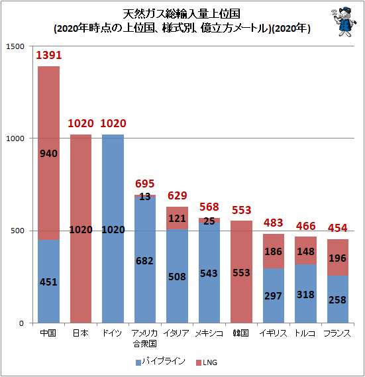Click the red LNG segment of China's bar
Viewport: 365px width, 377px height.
click(x=48, y=153)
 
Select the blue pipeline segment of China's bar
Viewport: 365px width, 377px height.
click(x=48, y=282)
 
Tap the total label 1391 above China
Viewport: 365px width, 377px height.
click(x=49, y=55)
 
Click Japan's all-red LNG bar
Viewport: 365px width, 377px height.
click(x=81, y=229)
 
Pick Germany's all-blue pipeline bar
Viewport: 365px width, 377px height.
click(x=113, y=229)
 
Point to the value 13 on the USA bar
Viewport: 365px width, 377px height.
click(x=145, y=197)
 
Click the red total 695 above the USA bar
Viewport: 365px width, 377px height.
click(x=145, y=184)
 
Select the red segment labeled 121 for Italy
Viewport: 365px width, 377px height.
click(x=178, y=218)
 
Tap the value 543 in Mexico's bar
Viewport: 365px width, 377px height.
click(x=209, y=274)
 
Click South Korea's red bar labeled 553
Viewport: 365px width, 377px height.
click(x=241, y=272)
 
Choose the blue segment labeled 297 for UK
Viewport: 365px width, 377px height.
click(x=274, y=296)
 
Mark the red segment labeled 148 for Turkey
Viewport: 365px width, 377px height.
click(x=305, y=250)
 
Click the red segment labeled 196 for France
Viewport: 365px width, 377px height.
click(x=338, y=257)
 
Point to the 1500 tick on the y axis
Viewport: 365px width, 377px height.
click(x=15, y=46)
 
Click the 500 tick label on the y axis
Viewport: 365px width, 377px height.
click(x=17, y=231)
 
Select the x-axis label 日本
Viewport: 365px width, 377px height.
click(x=81, y=333)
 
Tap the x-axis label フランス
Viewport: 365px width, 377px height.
click(x=337, y=333)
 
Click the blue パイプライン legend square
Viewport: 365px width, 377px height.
click(x=138, y=362)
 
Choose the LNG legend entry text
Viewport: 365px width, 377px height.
click(x=210, y=362)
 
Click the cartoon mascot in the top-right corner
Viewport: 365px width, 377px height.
click(x=344, y=22)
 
